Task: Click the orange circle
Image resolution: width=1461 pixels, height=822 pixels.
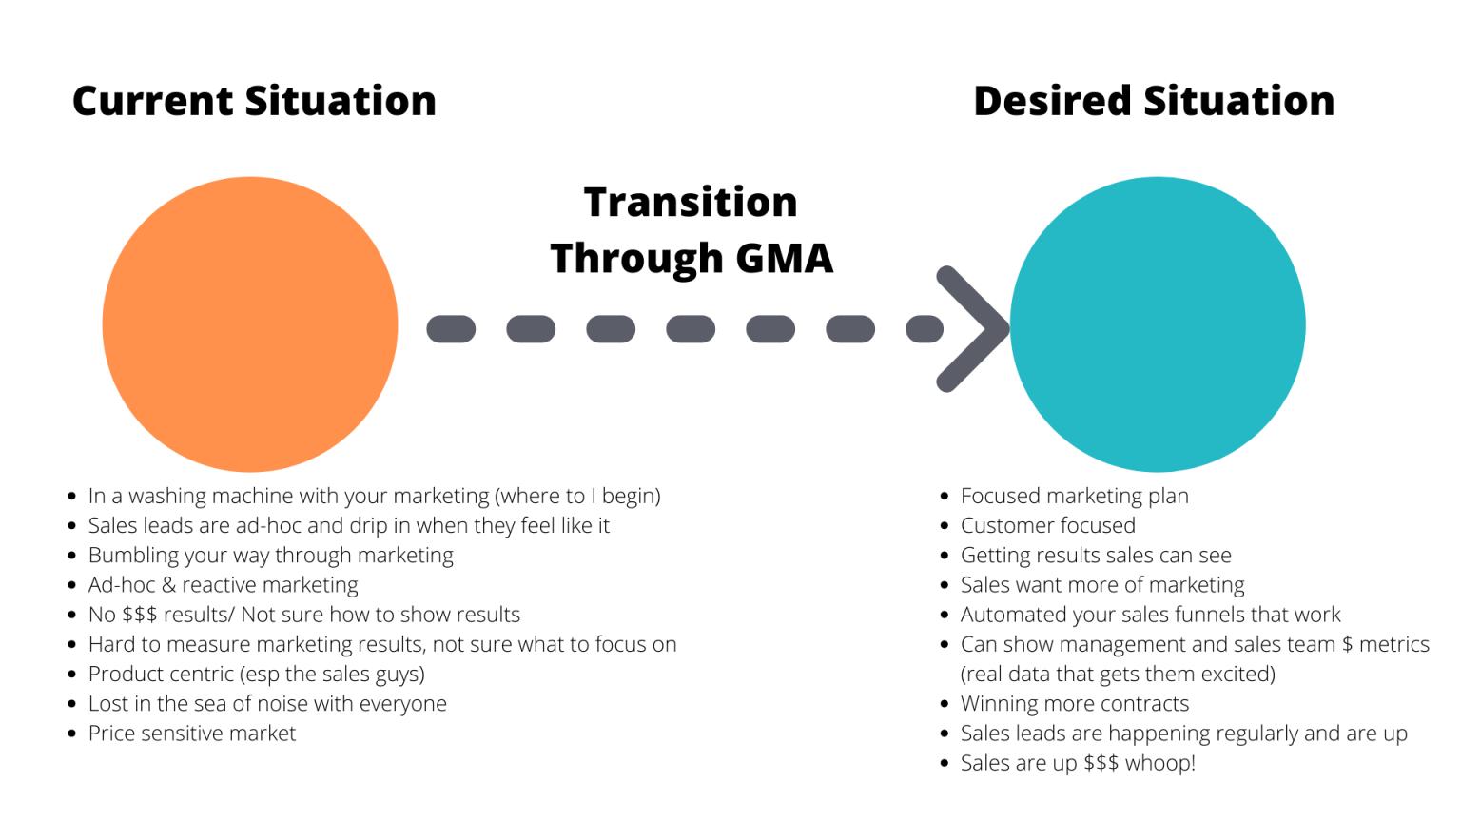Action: pos(250,324)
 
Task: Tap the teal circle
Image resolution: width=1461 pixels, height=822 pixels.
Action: pos(1158,324)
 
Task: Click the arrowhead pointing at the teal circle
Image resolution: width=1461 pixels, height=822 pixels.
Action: pos(972,329)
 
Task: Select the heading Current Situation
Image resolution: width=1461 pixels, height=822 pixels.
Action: pos(254,101)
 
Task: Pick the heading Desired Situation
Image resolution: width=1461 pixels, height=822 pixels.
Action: pos(1154,101)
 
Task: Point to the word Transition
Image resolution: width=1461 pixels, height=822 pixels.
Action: pos(691,202)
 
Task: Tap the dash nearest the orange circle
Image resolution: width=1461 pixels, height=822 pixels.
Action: pos(451,329)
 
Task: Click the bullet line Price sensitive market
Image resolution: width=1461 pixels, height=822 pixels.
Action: pos(192,734)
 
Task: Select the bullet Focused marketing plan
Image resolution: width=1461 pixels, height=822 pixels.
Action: pos(1074,496)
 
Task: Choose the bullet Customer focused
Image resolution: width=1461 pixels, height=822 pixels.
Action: pos(1047,525)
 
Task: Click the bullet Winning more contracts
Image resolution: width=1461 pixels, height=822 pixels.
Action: pos(1074,704)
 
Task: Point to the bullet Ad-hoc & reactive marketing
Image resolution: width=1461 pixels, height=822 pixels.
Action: pos(223,585)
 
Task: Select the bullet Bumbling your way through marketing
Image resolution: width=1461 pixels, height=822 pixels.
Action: pos(270,556)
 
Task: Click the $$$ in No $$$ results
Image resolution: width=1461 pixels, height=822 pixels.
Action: pos(140,615)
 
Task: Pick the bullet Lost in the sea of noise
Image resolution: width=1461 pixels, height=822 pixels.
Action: pos(267,704)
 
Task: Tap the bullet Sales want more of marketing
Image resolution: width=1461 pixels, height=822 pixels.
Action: pos(1101,585)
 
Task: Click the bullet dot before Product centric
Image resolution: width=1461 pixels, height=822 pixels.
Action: pos(72,675)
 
